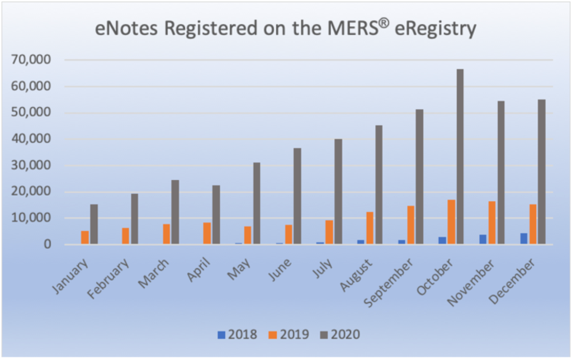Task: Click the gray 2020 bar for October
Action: [x=460, y=157]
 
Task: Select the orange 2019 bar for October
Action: [x=451, y=222]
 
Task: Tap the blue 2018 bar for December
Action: [x=524, y=239]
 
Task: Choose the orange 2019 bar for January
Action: [x=85, y=238]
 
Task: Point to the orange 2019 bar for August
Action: [x=370, y=228]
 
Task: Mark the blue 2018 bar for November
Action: [x=483, y=239]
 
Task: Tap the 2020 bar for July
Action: [x=338, y=192]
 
